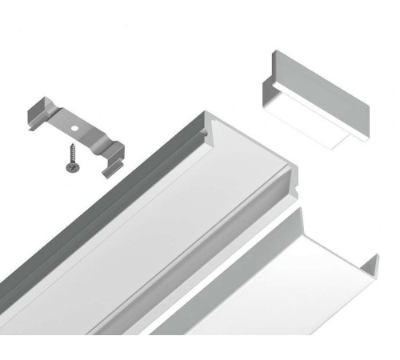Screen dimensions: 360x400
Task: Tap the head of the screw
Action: (67, 161)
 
